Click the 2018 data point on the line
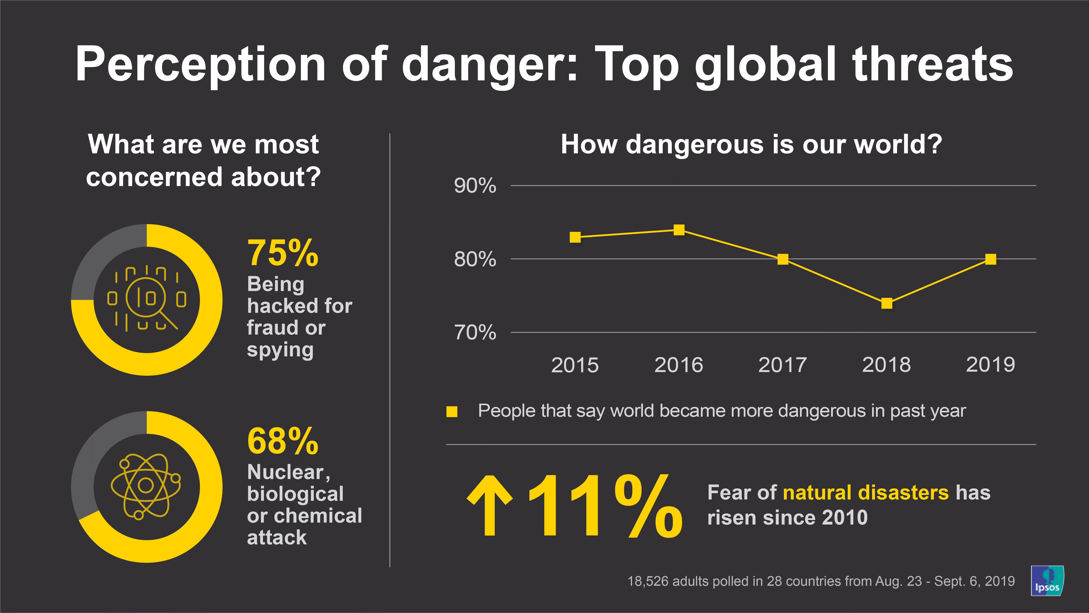pyautogui.click(x=886, y=303)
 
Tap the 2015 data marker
pyautogui.click(x=575, y=237)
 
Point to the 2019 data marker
pyautogui.click(x=991, y=259)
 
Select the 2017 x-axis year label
pyautogui.click(x=782, y=365)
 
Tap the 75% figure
pyautogui.click(x=282, y=253)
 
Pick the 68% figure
pyautogui.click(x=282, y=441)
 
